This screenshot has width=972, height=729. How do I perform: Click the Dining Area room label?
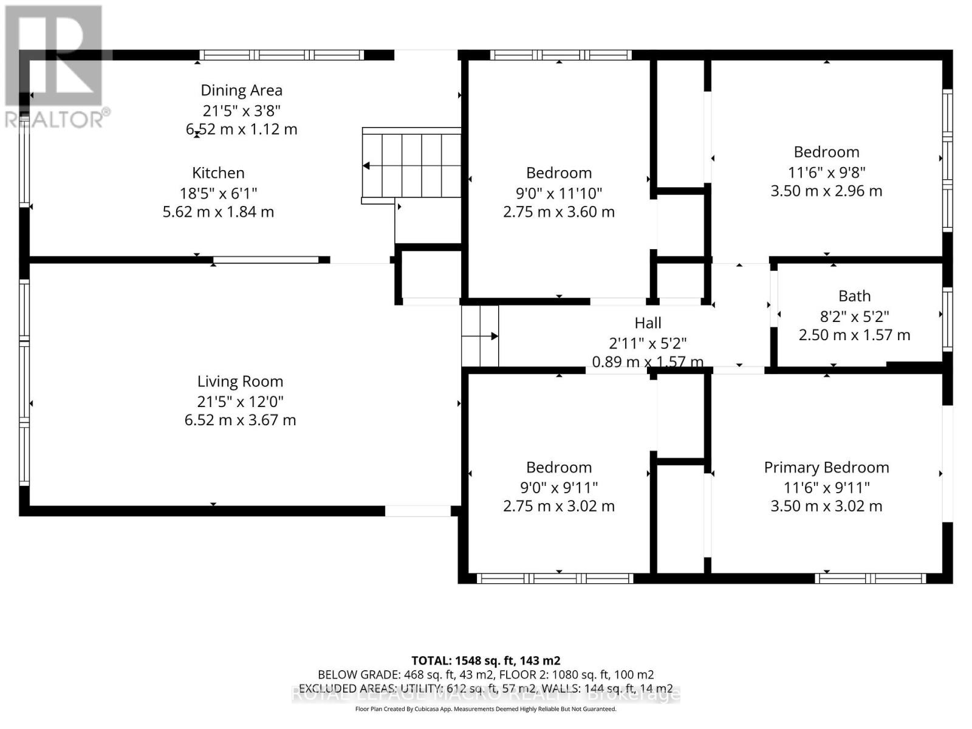241,91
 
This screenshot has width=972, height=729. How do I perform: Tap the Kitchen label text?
218,173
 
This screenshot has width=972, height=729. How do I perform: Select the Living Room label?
240,382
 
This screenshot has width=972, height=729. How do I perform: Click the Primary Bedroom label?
826,467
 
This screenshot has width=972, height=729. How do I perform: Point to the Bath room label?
854,296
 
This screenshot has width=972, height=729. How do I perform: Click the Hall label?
648,323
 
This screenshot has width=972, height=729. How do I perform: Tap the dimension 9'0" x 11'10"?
558,193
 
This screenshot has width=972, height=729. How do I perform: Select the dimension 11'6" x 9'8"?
826,172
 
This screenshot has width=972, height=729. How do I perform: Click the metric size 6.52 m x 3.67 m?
240,420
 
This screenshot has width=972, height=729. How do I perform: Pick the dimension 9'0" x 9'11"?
558,487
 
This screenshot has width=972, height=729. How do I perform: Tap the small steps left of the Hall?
480,336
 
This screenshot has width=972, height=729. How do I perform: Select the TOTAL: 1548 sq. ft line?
485,660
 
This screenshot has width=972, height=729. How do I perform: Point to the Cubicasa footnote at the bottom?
485,709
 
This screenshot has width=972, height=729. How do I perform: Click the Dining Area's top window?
282,55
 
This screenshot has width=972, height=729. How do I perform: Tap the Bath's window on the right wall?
946,319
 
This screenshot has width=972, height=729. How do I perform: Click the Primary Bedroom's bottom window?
870,578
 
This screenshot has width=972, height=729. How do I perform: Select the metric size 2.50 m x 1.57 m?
854,335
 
